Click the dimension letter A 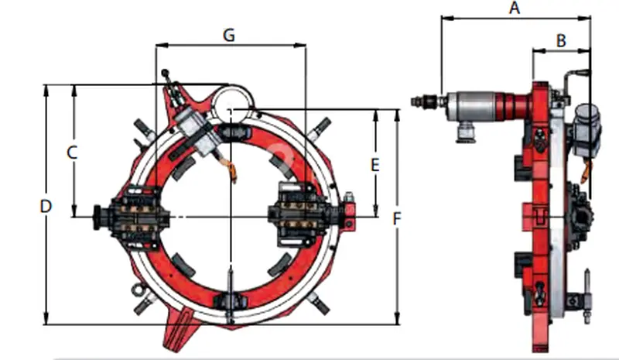pos(514,8)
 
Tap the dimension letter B pos(561,41)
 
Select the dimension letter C pos(72,153)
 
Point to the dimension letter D pos(46,206)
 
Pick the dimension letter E pos(375,164)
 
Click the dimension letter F pos(397,218)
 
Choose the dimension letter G pos(229,35)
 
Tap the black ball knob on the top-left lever pos(165,73)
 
